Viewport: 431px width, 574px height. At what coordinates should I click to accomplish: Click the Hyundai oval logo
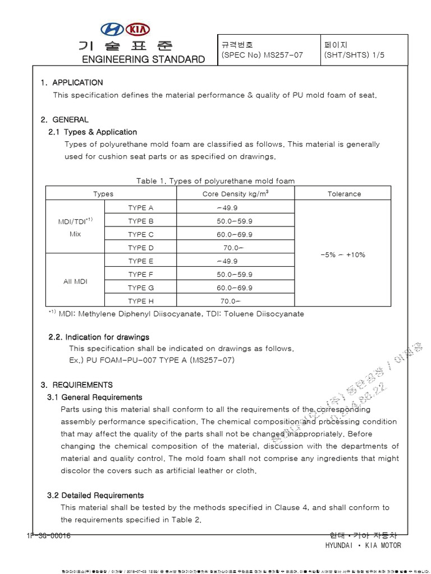pyautogui.click(x=114, y=29)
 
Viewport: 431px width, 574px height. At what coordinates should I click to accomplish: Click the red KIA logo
pyautogui.click(x=138, y=29)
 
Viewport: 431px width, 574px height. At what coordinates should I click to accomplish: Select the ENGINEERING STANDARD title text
pyautogui.click(x=144, y=59)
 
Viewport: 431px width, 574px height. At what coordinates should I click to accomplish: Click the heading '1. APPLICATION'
pyautogui.click(x=72, y=82)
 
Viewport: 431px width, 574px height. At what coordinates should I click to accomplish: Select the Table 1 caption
pyautogui.click(x=215, y=180)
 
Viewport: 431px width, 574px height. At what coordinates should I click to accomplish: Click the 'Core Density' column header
pyautogui.click(x=235, y=194)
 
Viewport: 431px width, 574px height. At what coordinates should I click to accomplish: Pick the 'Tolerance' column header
pyautogui.click(x=344, y=194)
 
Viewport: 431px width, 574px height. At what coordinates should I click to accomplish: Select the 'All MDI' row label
pyautogui.click(x=75, y=281)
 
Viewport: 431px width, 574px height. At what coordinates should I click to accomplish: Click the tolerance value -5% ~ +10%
pyautogui.click(x=343, y=254)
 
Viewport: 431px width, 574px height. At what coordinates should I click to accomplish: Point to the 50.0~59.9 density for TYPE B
pyautogui.click(x=235, y=221)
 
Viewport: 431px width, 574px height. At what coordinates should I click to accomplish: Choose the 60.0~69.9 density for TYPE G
pyautogui.click(x=235, y=288)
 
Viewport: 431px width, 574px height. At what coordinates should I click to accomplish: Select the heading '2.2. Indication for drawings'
pyautogui.click(x=99, y=337)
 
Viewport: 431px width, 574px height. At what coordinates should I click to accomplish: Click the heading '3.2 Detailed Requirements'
pyautogui.click(x=95, y=496)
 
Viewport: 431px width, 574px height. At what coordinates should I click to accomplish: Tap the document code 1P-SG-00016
pyautogui.click(x=48, y=536)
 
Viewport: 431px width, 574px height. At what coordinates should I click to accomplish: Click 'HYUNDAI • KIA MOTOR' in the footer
pyautogui.click(x=363, y=546)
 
